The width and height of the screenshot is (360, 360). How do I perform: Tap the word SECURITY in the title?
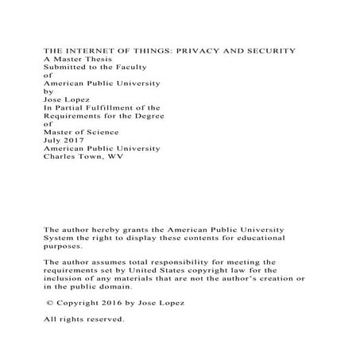pyautogui.click(x=270, y=51)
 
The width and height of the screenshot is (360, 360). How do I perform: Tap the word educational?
pyautogui.click(x=278, y=238)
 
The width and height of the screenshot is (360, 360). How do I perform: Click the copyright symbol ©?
pyautogui.click(x=51, y=303)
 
